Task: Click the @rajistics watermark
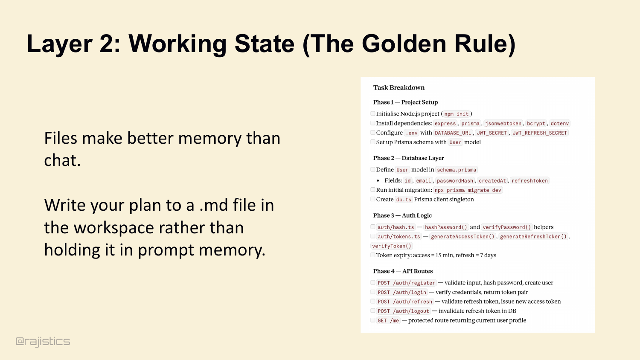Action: coord(43,341)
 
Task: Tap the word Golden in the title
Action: coord(404,44)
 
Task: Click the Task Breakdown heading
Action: coord(399,87)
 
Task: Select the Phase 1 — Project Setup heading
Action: coord(405,102)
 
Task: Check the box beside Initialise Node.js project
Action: coord(373,113)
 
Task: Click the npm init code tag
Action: coord(456,114)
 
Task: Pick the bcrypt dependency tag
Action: coord(536,123)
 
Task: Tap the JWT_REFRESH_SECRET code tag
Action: coord(539,133)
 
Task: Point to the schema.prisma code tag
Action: coord(456,170)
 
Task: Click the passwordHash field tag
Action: coord(455,180)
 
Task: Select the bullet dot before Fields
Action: coord(378,180)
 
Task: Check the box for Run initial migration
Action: coord(373,190)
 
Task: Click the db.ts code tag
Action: coord(404,200)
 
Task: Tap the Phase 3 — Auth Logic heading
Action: coord(402,215)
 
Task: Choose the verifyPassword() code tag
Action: coord(506,227)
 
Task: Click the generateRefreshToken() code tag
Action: coord(533,237)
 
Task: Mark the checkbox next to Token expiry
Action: coord(373,255)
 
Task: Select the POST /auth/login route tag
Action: coord(402,292)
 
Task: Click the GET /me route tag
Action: coord(388,321)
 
